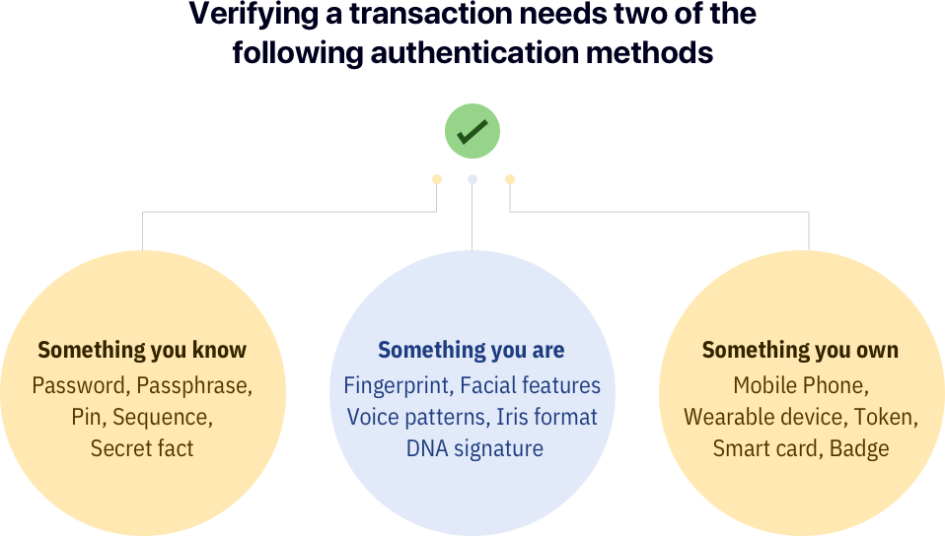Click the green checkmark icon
click(472, 131)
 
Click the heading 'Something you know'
click(142, 350)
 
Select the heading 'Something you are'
click(472, 350)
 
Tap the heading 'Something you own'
click(800, 350)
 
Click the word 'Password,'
click(81, 385)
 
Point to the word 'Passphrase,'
click(194, 385)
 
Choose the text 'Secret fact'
click(142, 448)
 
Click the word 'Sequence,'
click(163, 417)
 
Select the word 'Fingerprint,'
click(399, 385)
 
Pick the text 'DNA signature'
click(474, 448)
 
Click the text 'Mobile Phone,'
click(801, 385)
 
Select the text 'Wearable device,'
click(764, 417)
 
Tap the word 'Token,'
click(886, 417)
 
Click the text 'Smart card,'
click(766, 448)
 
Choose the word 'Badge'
click(859, 448)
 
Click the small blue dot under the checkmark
click(472, 179)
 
